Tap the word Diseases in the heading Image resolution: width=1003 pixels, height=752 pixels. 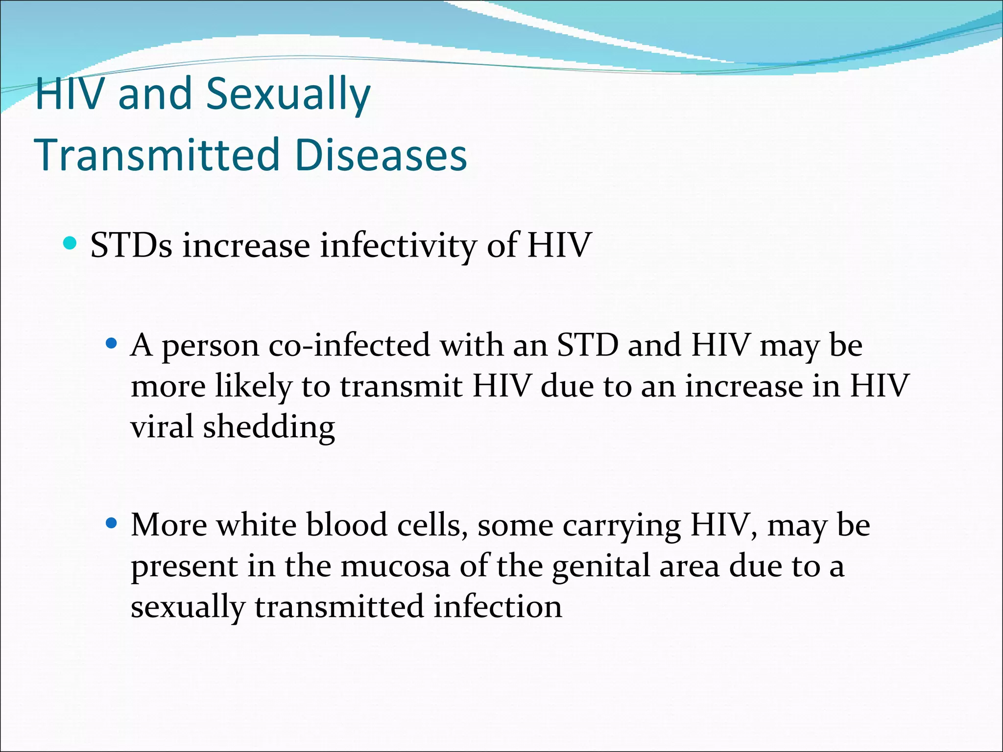pos(381,155)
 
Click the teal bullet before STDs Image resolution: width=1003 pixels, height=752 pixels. pos(71,243)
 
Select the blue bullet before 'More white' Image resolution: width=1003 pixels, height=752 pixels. pos(112,523)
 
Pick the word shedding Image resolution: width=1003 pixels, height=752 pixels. pos(269,427)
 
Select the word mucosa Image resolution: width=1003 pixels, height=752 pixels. pos(395,566)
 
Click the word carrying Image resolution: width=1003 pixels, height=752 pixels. pos(621,526)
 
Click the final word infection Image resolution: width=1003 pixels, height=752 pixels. pos(498,607)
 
